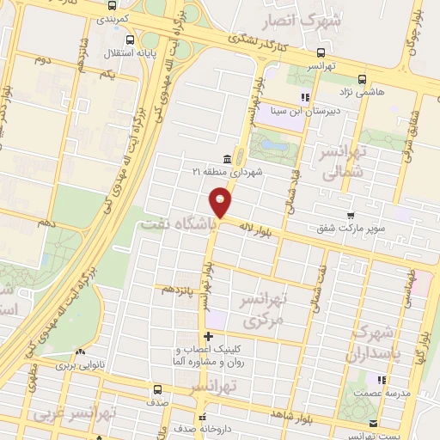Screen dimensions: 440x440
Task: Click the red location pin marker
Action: pyautogui.click(x=221, y=203)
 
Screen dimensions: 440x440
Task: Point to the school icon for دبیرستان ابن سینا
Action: pyautogui.click(x=303, y=97)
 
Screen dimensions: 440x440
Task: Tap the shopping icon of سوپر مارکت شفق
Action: pyautogui.click(x=350, y=215)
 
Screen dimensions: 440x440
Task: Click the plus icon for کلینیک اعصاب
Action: pyautogui.click(x=207, y=335)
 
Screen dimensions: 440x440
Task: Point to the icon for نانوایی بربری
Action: pyautogui.click(x=80, y=351)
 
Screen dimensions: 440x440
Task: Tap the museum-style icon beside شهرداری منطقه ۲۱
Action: pyautogui.click(x=226, y=159)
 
